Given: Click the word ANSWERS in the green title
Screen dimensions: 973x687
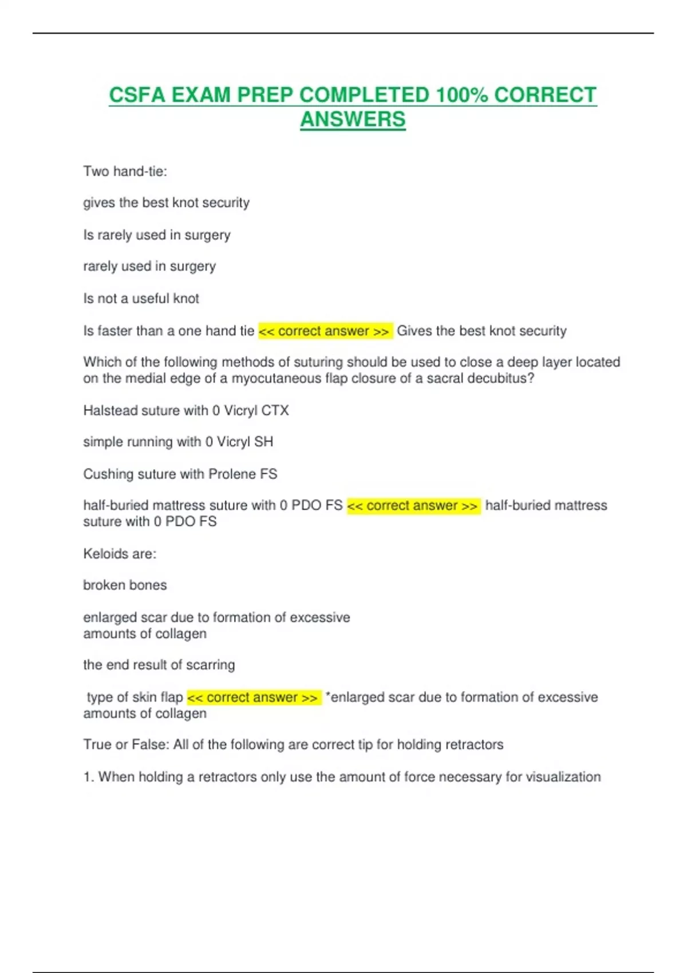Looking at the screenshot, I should pos(353,119).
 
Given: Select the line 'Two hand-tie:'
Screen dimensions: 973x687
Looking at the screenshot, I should pos(125,171).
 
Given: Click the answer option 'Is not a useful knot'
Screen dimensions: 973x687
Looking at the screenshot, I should pos(141,298).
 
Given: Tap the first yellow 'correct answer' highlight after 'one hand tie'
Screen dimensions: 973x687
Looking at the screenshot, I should pos(325,331).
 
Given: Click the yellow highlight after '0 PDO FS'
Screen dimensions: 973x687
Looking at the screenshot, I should pos(413,506).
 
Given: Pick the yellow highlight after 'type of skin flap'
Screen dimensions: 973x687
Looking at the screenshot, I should pos(253,698).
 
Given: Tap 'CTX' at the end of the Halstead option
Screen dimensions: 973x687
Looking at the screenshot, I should pos(275,410).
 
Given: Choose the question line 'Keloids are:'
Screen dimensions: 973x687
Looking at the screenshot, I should pos(120,553).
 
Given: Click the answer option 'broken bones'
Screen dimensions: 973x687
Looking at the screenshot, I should pos(125,585).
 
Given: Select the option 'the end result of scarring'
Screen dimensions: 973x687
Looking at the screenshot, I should pos(159,665).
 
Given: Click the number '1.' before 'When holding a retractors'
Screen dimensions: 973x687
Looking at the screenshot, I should pos(88,777).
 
